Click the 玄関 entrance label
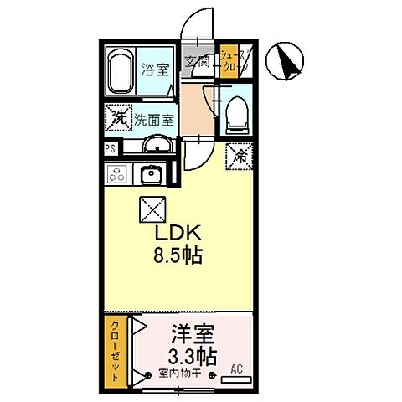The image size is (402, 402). point(197,61)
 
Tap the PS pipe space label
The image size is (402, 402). point(110,148)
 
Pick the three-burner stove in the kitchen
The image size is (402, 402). point(118,174)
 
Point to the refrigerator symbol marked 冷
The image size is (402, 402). point(238,155)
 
